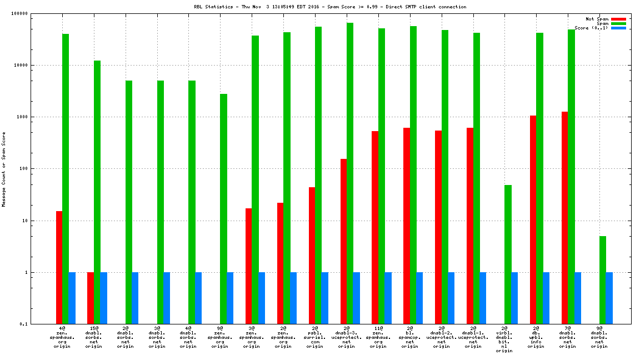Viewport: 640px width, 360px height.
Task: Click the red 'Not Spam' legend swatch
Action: (618, 19)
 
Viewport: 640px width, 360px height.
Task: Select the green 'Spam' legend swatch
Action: (618, 23)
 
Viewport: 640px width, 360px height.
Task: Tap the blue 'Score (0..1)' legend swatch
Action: (618, 28)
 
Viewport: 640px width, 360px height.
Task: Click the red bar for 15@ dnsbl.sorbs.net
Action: (91, 298)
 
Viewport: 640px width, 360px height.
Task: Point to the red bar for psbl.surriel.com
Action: (312, 256)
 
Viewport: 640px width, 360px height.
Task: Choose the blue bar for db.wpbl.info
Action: (546, 298)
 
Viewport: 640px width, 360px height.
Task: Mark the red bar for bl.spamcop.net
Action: (407, 226)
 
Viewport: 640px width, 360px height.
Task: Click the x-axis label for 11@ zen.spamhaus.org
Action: (378, 337)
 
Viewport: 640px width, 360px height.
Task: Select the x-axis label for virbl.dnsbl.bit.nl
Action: (504, 339)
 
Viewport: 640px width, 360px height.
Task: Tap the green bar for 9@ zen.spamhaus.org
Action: (223, 209)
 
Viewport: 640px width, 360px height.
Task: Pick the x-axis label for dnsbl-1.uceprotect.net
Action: (473, 337)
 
